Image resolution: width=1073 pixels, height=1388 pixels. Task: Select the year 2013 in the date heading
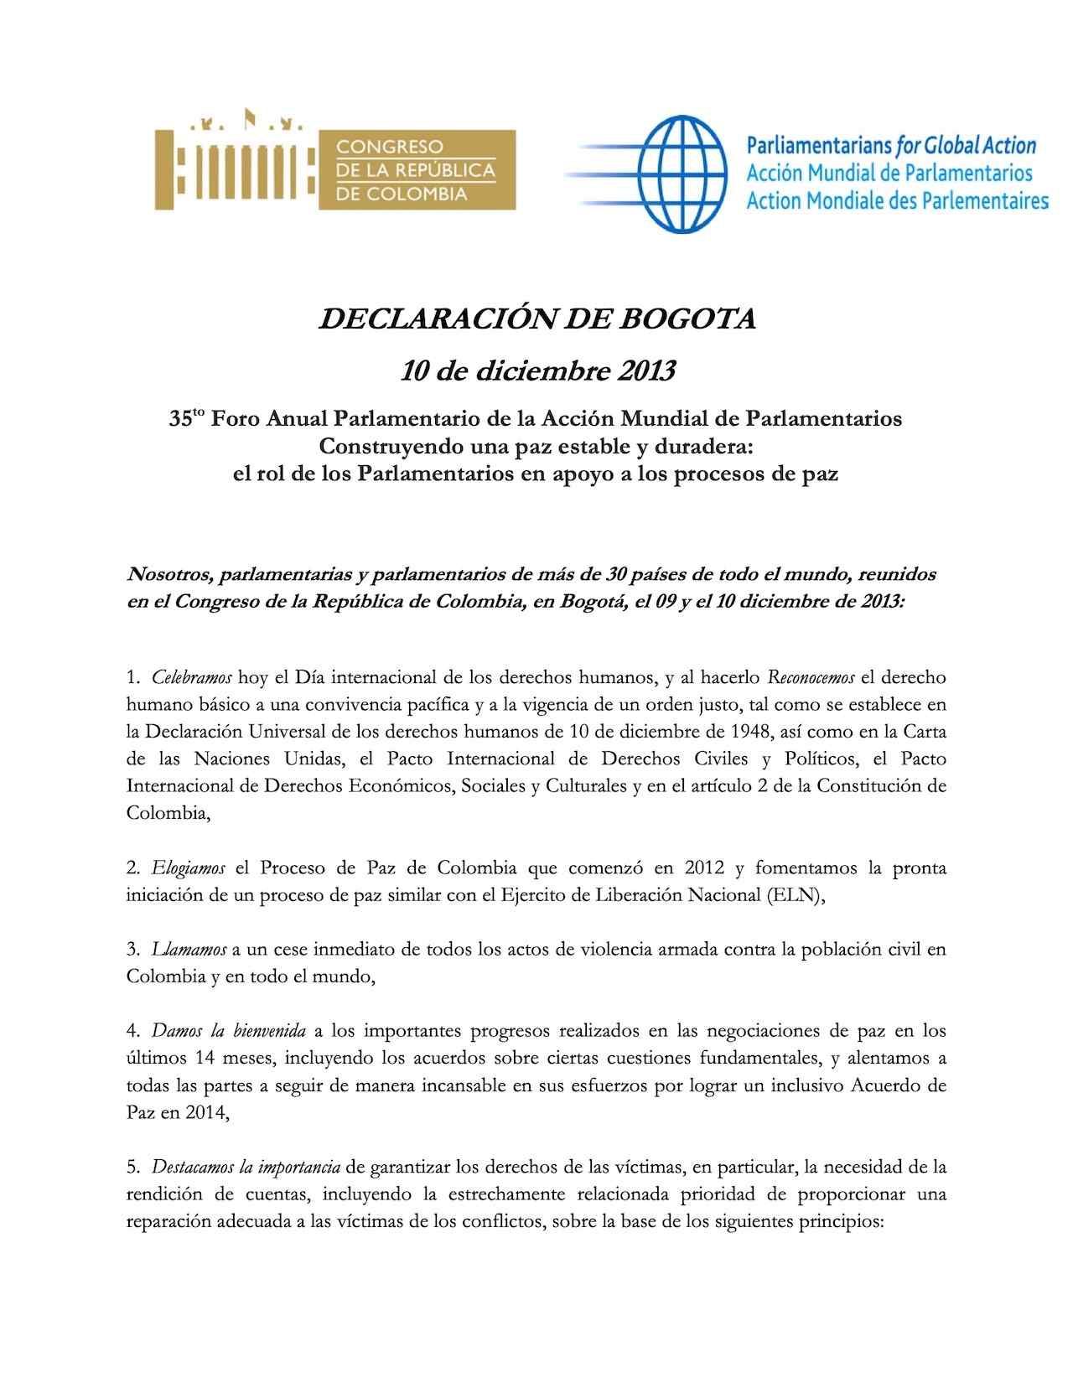[x=645, y=370]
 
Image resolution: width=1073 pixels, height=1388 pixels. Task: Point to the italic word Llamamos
[x=189, y=949]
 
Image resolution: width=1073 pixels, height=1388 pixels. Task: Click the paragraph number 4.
[x=132, y=1030]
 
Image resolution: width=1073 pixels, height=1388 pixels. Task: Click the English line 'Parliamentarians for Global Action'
[x=890, y=146]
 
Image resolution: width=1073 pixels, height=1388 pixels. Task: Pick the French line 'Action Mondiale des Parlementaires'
[x=897, y=201]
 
